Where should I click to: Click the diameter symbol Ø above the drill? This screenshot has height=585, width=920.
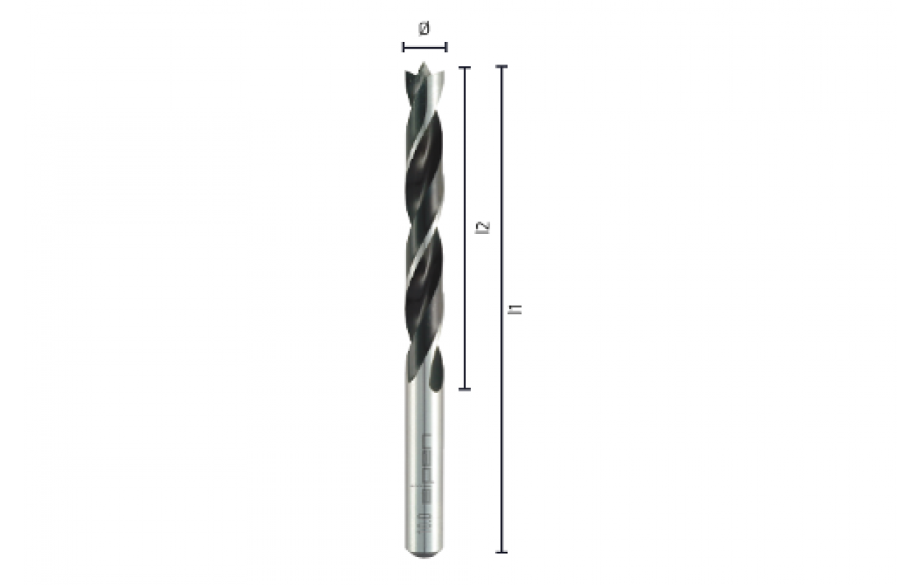click(x=424, y=29)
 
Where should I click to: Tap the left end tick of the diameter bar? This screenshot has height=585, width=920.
click(x=403, y=48)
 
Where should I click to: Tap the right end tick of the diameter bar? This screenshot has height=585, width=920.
click(x=446, y=48)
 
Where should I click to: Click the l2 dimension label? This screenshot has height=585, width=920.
click(x=483, y=227)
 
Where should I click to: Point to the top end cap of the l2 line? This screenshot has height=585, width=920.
click(x=464, y=67)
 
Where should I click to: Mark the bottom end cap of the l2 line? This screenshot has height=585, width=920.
click(x=464, y=389)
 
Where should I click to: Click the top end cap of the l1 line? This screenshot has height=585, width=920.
click(x=502, y=67)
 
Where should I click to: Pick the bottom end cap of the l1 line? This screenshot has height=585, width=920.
click(x=502, y=551)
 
